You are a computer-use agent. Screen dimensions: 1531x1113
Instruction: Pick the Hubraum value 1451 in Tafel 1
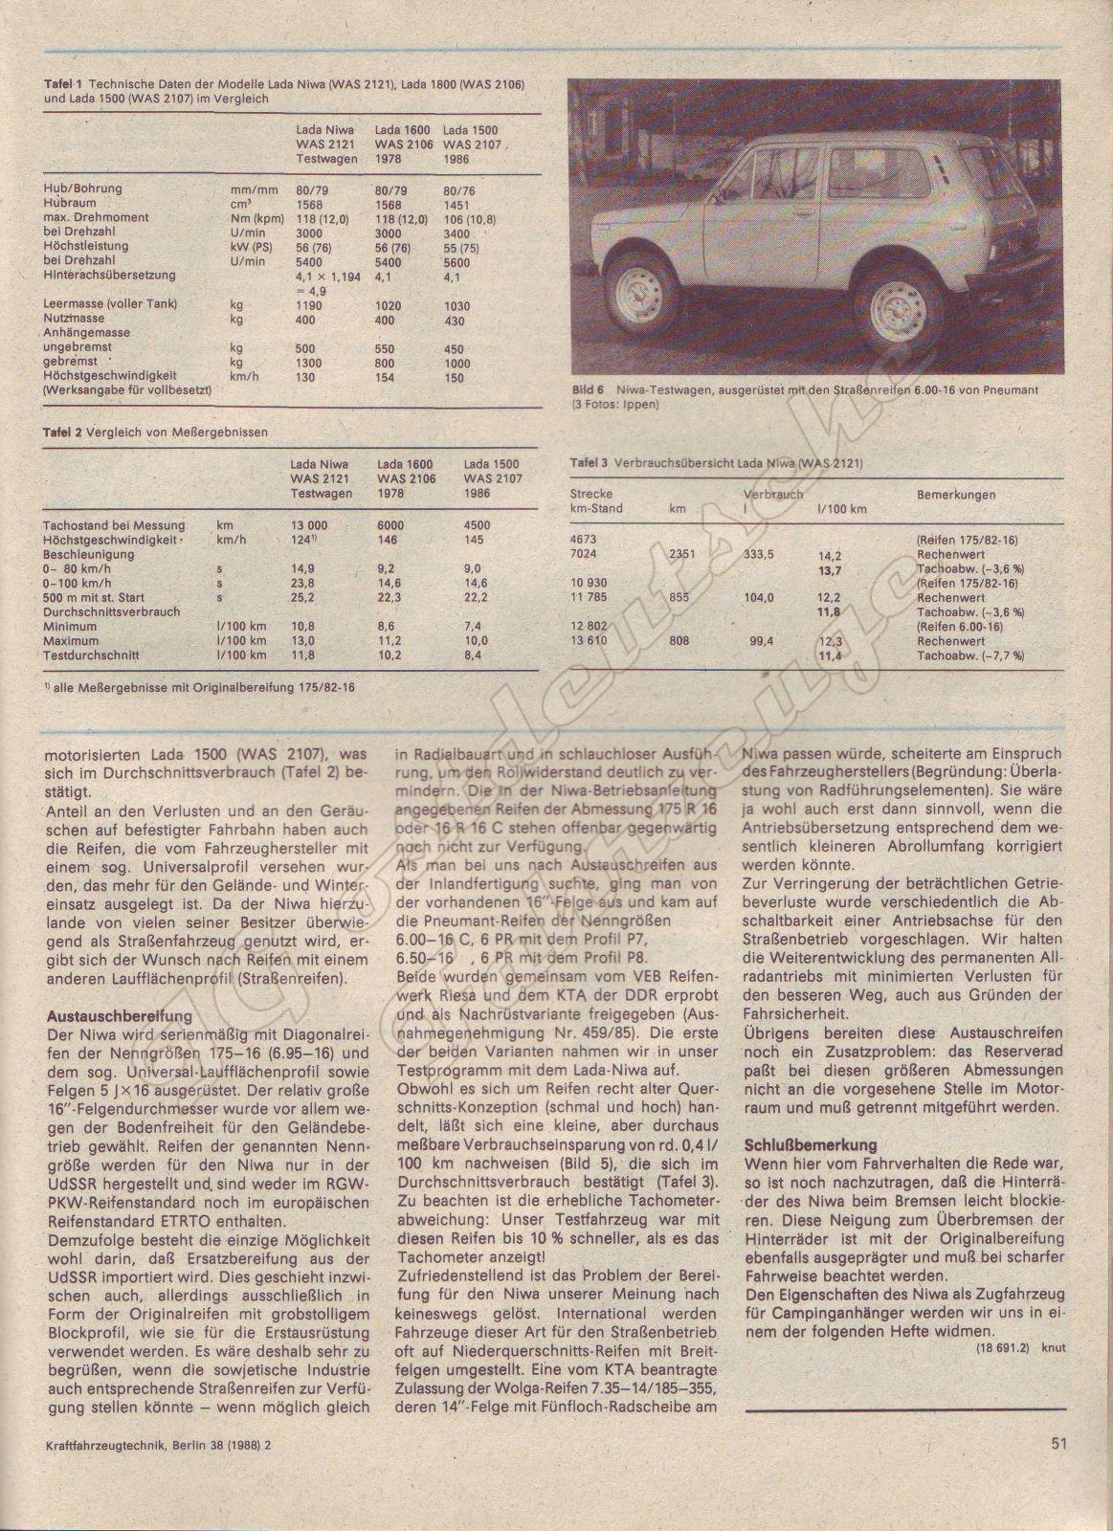(458, 204)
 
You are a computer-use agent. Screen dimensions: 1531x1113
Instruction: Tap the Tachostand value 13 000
(309, 525)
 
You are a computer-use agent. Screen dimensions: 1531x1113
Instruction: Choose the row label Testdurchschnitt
(91, 655)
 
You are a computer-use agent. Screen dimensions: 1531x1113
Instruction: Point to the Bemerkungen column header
(956, 495)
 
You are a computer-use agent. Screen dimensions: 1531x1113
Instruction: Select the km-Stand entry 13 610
(589, 641)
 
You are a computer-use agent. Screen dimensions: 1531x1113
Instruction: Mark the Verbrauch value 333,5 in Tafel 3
(759, 554)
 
